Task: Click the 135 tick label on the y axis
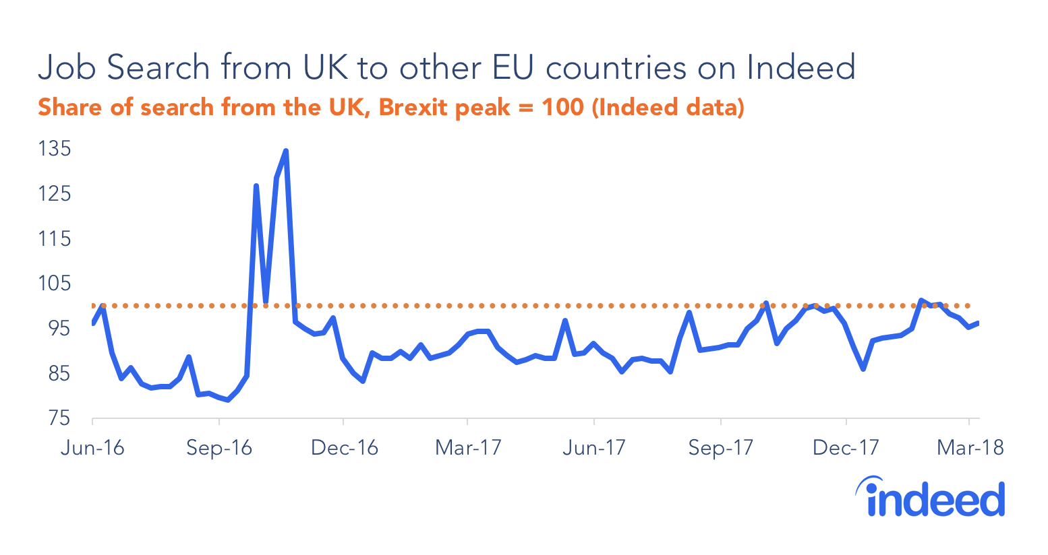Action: [55, 148]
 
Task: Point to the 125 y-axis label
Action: [55, 194]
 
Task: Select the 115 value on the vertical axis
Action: [55, 238]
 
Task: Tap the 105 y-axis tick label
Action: [55, 284]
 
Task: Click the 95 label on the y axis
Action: [57, 328]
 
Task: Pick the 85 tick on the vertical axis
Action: [57, 373]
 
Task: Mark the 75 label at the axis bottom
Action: [57, 418]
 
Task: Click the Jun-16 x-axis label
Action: [92, 448]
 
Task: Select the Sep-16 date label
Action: [219, 448]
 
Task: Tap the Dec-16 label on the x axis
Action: [344, 448]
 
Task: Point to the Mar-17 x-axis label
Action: [468, 448]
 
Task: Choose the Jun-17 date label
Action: [594, 448]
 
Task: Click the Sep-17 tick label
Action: [720, 448]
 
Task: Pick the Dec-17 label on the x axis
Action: [846, 448]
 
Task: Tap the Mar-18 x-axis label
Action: [970, 448]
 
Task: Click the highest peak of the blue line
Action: [286, 151]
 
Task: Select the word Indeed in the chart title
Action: [801, 67]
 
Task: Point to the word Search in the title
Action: [158, 67]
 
